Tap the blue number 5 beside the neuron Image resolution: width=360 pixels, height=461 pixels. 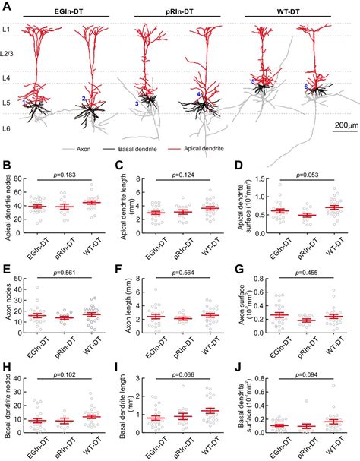click(252, 81)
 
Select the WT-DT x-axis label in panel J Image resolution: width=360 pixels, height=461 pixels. click(332, 444)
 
